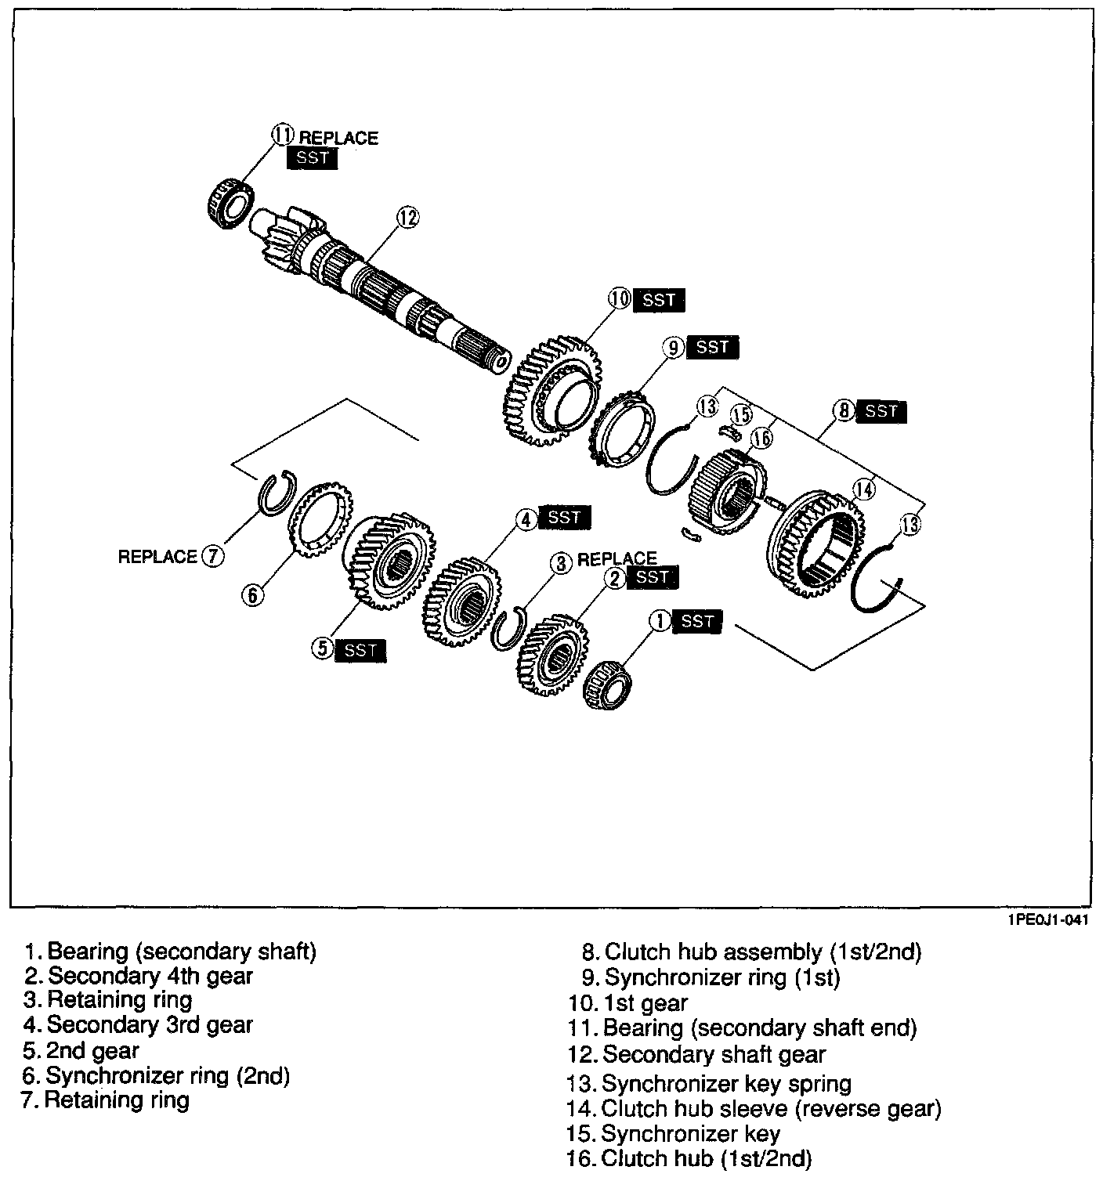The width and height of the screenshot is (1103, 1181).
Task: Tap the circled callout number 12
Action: [408, 217]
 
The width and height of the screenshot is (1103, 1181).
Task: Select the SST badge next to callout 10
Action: [659, 299]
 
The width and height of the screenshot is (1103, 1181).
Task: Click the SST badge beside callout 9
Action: [712, 346]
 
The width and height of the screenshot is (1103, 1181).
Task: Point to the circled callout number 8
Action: [843, 410]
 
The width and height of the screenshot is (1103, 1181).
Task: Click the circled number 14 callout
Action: [863, 489]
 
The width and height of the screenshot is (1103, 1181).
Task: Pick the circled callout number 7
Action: [213, 556]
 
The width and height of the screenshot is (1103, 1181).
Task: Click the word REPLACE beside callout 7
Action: [157, 557]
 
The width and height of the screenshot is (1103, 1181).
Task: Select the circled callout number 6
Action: [252, 596]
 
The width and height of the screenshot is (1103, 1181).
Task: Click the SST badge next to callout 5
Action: [360, 649]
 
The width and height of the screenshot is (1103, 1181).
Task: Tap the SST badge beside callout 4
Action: [564, 517]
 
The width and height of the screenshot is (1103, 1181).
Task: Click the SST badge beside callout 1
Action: [696, 621]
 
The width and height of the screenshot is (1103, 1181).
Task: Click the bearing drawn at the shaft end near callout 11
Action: [229, 202]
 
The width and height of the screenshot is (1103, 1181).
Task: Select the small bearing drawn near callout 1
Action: [609, 684]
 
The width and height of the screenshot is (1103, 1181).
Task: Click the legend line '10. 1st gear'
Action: [630, 1003]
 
